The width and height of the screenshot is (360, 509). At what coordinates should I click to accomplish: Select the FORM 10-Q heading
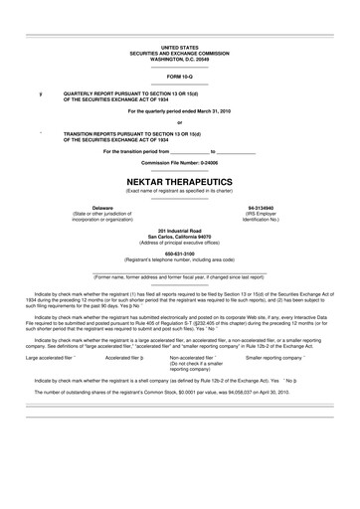point(180,76)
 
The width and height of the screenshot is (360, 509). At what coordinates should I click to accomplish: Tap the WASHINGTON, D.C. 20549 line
point(180,58)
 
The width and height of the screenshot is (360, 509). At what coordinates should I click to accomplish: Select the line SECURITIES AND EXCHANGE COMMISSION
point(180,52)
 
